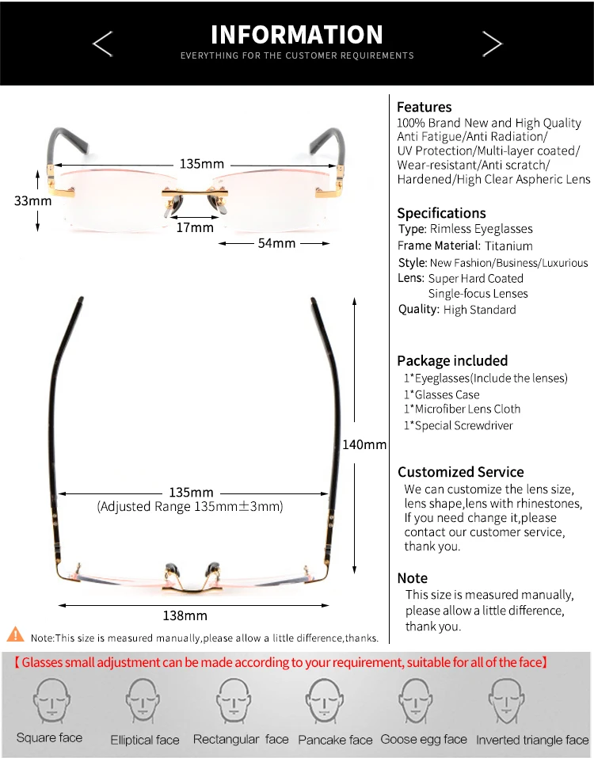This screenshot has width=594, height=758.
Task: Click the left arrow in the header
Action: tap(103, 44)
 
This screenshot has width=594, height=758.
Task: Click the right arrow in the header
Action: tap(492, 44)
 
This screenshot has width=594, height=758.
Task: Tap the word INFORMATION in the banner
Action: tap(297, 35)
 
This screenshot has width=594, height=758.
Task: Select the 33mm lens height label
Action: tap(32, 200)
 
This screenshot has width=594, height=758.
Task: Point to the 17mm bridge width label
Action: tap(194, 227)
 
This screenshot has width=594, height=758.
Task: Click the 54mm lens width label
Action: tap(276, 243)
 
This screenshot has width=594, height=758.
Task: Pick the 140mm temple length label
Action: tap(364, 444)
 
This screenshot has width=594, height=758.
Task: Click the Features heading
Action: tap(424, 107)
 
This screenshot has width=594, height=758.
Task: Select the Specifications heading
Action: tap(441, 213)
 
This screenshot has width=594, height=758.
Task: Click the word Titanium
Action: tap(508, 246)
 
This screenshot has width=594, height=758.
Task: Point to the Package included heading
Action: tap(452, 360)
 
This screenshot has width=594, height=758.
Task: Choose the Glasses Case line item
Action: tap(442, 394)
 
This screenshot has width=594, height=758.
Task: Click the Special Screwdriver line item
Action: tap(459, 425)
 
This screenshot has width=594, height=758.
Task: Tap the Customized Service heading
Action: tap(460, 472)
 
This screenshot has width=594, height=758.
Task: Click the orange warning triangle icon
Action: tap(15, 634)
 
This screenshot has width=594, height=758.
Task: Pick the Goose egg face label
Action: tap(424, 739)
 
